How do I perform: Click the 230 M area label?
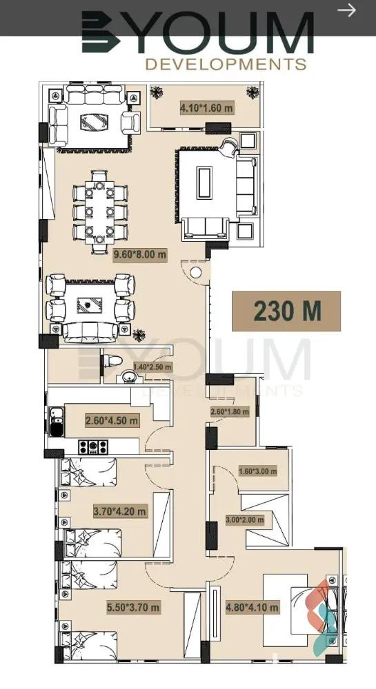pos(287,311)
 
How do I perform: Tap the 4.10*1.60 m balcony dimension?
pos(206,107)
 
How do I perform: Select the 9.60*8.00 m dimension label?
pos(140,255)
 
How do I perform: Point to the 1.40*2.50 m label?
pos(152,367)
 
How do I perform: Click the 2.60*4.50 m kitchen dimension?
pos(111,420)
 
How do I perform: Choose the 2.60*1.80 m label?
pos(230,412)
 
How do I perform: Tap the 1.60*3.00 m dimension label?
pos(258,471)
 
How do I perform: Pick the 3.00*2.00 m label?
pos(244,520)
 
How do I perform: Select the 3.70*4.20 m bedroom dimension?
pos(119,511)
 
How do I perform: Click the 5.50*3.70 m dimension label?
pos(133,608)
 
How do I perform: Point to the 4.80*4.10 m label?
pos(252,608)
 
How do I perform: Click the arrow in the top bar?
pos(346,10)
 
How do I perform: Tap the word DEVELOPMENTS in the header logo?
pos(226,64)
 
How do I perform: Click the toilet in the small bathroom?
pos(112,361)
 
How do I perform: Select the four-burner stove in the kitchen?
pos(92,447)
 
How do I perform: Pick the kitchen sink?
pos(57,422)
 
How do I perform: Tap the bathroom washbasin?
pos(128,377)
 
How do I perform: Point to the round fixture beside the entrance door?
pos(196,272)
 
